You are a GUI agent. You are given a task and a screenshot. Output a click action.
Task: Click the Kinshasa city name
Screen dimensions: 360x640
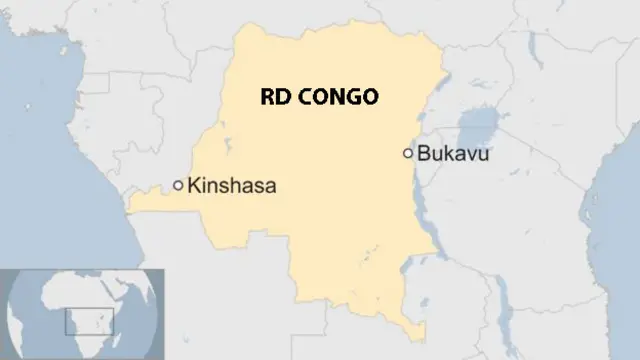pos(231,185)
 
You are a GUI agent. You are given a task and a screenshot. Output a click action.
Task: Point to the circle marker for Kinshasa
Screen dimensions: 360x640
pos(178,185)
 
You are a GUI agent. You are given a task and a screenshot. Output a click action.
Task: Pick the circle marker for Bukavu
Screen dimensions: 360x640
pos(407,153)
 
